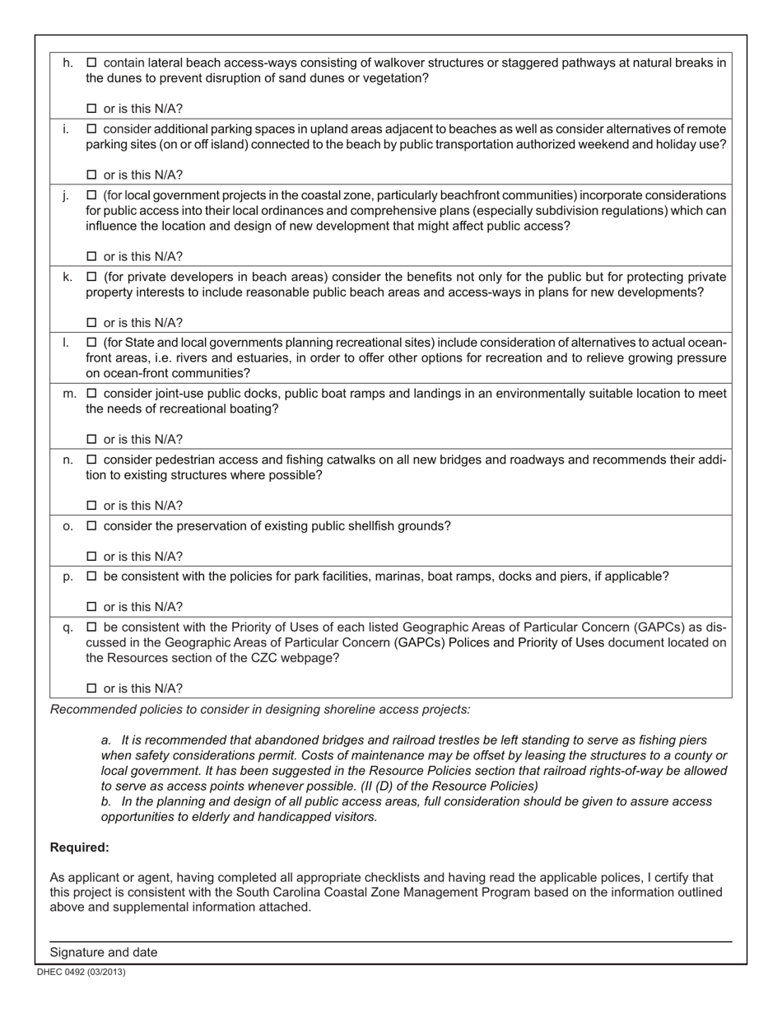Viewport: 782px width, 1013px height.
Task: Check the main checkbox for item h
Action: coord(91,63)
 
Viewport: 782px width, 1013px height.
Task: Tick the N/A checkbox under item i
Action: coord(91,175)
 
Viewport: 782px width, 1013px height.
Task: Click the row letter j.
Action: coord(66,196)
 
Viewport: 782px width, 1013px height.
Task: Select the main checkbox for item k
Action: coord(91,277)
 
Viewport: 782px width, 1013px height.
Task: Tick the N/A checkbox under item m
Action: coord(91,439)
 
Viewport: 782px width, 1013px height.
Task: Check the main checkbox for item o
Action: coord(91,526)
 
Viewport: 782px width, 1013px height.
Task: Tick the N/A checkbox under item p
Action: coord(91,607)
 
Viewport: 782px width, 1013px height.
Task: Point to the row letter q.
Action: coord(67,628)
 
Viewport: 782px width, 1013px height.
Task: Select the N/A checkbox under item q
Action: coord(91,689)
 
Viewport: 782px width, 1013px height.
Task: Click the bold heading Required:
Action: coord(80,847)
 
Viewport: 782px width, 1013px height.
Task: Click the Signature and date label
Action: coord(104,952)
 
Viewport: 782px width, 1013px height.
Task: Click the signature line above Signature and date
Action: coord(390,941)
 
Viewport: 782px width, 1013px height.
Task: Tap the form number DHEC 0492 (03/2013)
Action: coord(81,972)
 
